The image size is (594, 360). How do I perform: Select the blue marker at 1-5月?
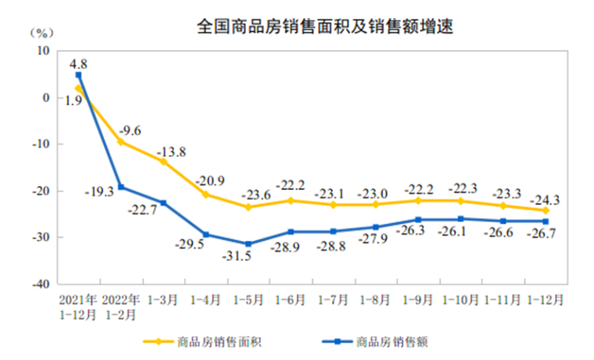point(249,244)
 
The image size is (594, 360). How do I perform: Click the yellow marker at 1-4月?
point(206,194)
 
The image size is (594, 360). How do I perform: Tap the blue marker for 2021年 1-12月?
point(78,75)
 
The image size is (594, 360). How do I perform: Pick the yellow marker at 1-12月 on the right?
point(545,211)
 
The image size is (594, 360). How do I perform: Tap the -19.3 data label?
point(99,191)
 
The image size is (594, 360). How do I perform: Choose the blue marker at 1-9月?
point(418,219)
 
